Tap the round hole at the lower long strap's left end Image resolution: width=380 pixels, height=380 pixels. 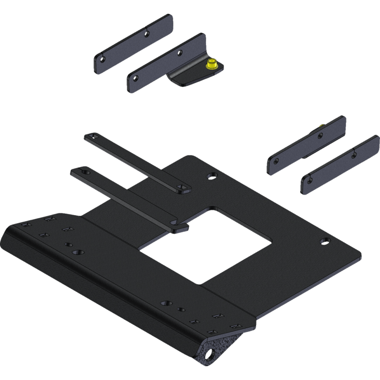click(x=85, y=171)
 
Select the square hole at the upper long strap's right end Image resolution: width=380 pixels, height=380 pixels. click(x=180, y=188)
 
